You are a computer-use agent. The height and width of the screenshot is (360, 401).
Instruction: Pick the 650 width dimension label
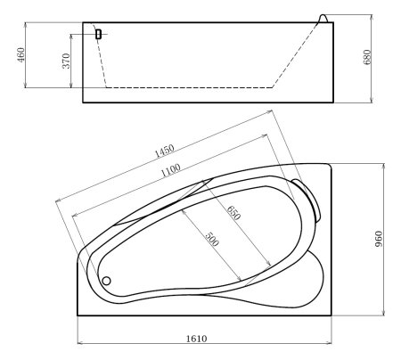coord(233,215)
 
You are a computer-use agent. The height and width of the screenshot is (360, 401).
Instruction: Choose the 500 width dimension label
coord(211,240)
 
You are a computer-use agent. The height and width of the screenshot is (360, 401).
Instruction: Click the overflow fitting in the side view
coord(98,34)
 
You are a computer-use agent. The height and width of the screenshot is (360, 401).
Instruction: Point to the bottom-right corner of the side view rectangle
coord(335,102)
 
